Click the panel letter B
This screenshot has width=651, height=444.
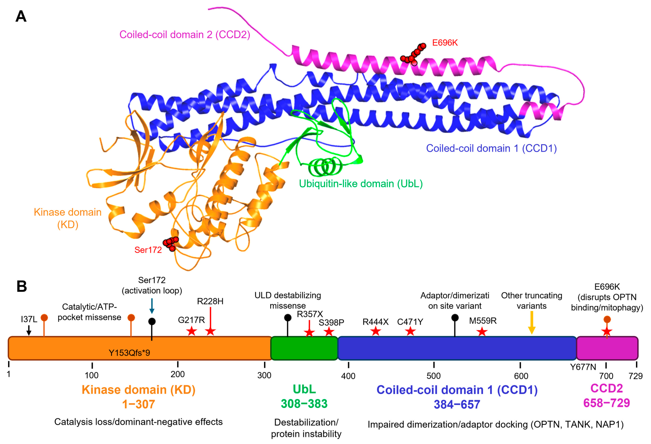(x=22, y=287)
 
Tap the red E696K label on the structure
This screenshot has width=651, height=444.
(x=445, y=43)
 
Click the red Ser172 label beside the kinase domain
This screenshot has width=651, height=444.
(x=148, y=250)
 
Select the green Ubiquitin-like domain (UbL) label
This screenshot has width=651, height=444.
(x=360, y=184)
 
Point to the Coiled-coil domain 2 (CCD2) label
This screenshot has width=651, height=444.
(x=185, y=35)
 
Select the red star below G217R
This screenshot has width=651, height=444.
(x=192, y=331)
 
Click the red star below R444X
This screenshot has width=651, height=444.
(x=376, y=331)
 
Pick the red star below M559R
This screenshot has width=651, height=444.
(x=482, y=332)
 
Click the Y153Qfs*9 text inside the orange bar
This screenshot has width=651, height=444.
(x=129, y=353)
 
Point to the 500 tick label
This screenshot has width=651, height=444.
(x=433, y=376)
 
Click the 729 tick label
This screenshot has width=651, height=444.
(x=635, y=376)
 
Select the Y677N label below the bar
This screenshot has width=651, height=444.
(x=583, y=367)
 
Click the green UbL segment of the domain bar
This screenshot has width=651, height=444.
(x=304, y=348)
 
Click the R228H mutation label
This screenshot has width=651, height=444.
(x=210, y=301)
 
